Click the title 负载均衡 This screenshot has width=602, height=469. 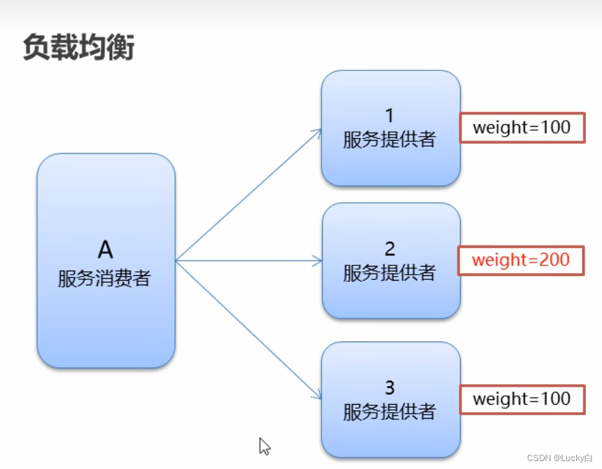pos(78,48)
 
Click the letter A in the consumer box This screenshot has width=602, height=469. pos(105,250)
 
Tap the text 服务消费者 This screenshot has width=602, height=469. pos(105,277)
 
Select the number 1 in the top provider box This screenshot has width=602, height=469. pos(390,115)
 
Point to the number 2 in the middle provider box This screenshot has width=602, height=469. pos(390,249)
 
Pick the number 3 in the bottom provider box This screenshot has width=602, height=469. pos(390,387)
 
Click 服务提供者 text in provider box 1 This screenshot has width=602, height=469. pos(390,139)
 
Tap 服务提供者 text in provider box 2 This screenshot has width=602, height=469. pos(390,272)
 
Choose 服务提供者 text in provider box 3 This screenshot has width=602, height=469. pos(390,411)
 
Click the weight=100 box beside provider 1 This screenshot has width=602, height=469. pos(522,127)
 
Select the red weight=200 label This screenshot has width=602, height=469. pos(521,259)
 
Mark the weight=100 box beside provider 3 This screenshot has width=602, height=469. pos(522,399)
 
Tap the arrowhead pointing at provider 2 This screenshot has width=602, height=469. pos(318,261)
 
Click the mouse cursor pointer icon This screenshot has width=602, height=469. pos(264,446)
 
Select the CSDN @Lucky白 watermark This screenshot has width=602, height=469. pos(559,458)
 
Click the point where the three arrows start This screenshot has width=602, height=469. pos(176,261)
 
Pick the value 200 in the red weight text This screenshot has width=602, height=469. pos(554,259)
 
